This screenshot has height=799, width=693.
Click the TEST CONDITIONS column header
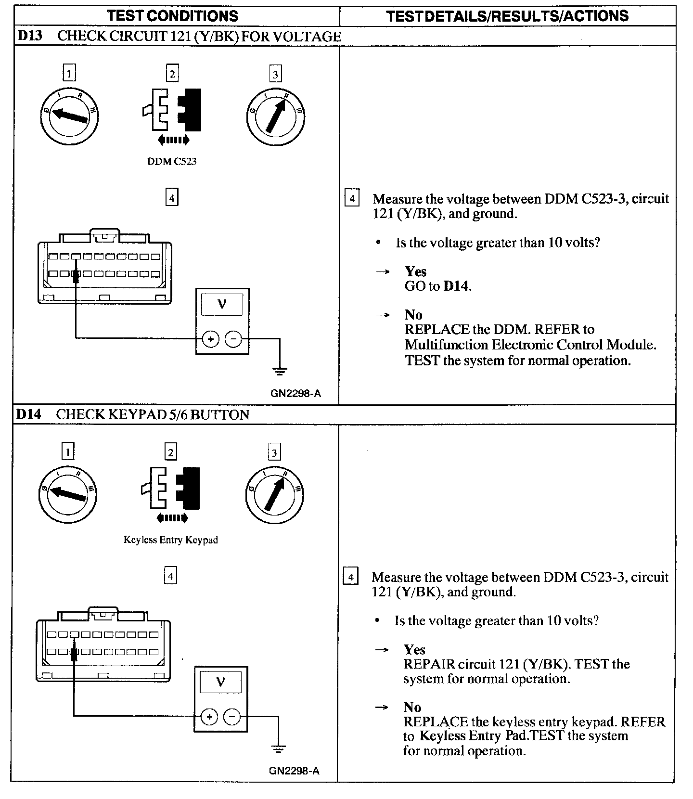(x=173, y=16)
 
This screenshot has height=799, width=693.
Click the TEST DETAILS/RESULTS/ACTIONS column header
(x=507, y=16)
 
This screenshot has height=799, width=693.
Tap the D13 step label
(x=30, y=37)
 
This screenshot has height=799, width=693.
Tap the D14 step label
(x=29, y=414)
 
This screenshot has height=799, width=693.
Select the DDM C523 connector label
(x=172, y=162)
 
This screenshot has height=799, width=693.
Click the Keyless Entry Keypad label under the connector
(x=171, y=540)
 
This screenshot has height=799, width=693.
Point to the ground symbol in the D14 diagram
(x=278, y=749)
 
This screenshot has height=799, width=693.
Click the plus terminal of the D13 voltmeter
(x=210, y=339)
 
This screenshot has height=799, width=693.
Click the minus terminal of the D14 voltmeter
(x=232, y=717)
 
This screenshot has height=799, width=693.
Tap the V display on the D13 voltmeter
(x=222, y=304)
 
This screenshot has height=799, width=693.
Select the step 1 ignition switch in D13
(x=69, y=116)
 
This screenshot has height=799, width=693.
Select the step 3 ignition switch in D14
(x=275, y=494)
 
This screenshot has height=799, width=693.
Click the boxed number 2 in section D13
(x=172, y=74)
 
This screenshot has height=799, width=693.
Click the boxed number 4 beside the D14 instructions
(x=351, y=577)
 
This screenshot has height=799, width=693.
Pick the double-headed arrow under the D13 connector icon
(x=173, y=140)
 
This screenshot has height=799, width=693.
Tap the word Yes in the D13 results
(x=416, y=271)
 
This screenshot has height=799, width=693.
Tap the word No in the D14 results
(x=412, y=707)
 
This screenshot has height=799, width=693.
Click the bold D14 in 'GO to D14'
(x=456, y=286)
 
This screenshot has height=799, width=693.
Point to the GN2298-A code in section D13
(x=295, y=393)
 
